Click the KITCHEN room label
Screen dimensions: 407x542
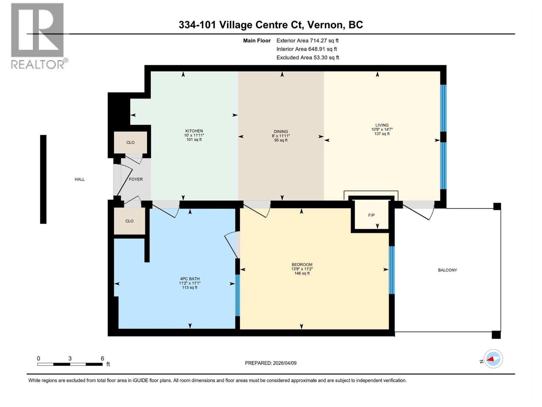coord(194,131)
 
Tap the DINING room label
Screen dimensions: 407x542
coord(281,132)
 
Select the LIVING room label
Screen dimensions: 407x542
coord(382,125)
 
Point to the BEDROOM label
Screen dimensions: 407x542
coord(302,265)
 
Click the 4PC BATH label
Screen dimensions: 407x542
coord(190,279)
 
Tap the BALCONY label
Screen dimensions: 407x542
coord(447,270)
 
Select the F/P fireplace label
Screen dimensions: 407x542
coord(371,215)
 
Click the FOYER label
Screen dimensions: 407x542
coord(136,179)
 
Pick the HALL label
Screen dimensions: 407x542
coord(80,179)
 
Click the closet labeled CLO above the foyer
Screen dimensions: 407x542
coord(130,142)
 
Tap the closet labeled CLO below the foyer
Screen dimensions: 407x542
coord(129,221)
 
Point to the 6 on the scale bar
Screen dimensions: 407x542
coord(102,358)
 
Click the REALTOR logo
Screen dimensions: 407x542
coord(38,36)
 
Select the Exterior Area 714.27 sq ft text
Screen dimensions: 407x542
coord(307,41)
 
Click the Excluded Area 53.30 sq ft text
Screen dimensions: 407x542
coord(307,58)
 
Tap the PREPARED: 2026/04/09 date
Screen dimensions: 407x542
coord(271,363)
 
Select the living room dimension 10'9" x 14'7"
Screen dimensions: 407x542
coord(382,130)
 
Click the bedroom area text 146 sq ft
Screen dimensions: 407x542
coord(302,273)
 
